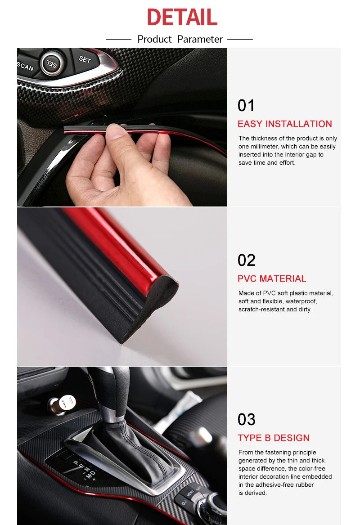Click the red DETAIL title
tap(182, 18)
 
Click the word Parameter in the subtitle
tap(200, 39)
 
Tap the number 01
tap(246, 106)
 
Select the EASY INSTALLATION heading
tap(284, 124)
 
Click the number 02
tap(246, 260)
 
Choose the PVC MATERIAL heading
tap(272, 278)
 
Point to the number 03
tap(246, 420)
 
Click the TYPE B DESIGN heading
tap(274, 438)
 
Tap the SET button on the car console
tap(85, 59)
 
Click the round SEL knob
tap(52, 63)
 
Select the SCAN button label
tap(25, 67)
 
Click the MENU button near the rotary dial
tap(189, 494)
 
